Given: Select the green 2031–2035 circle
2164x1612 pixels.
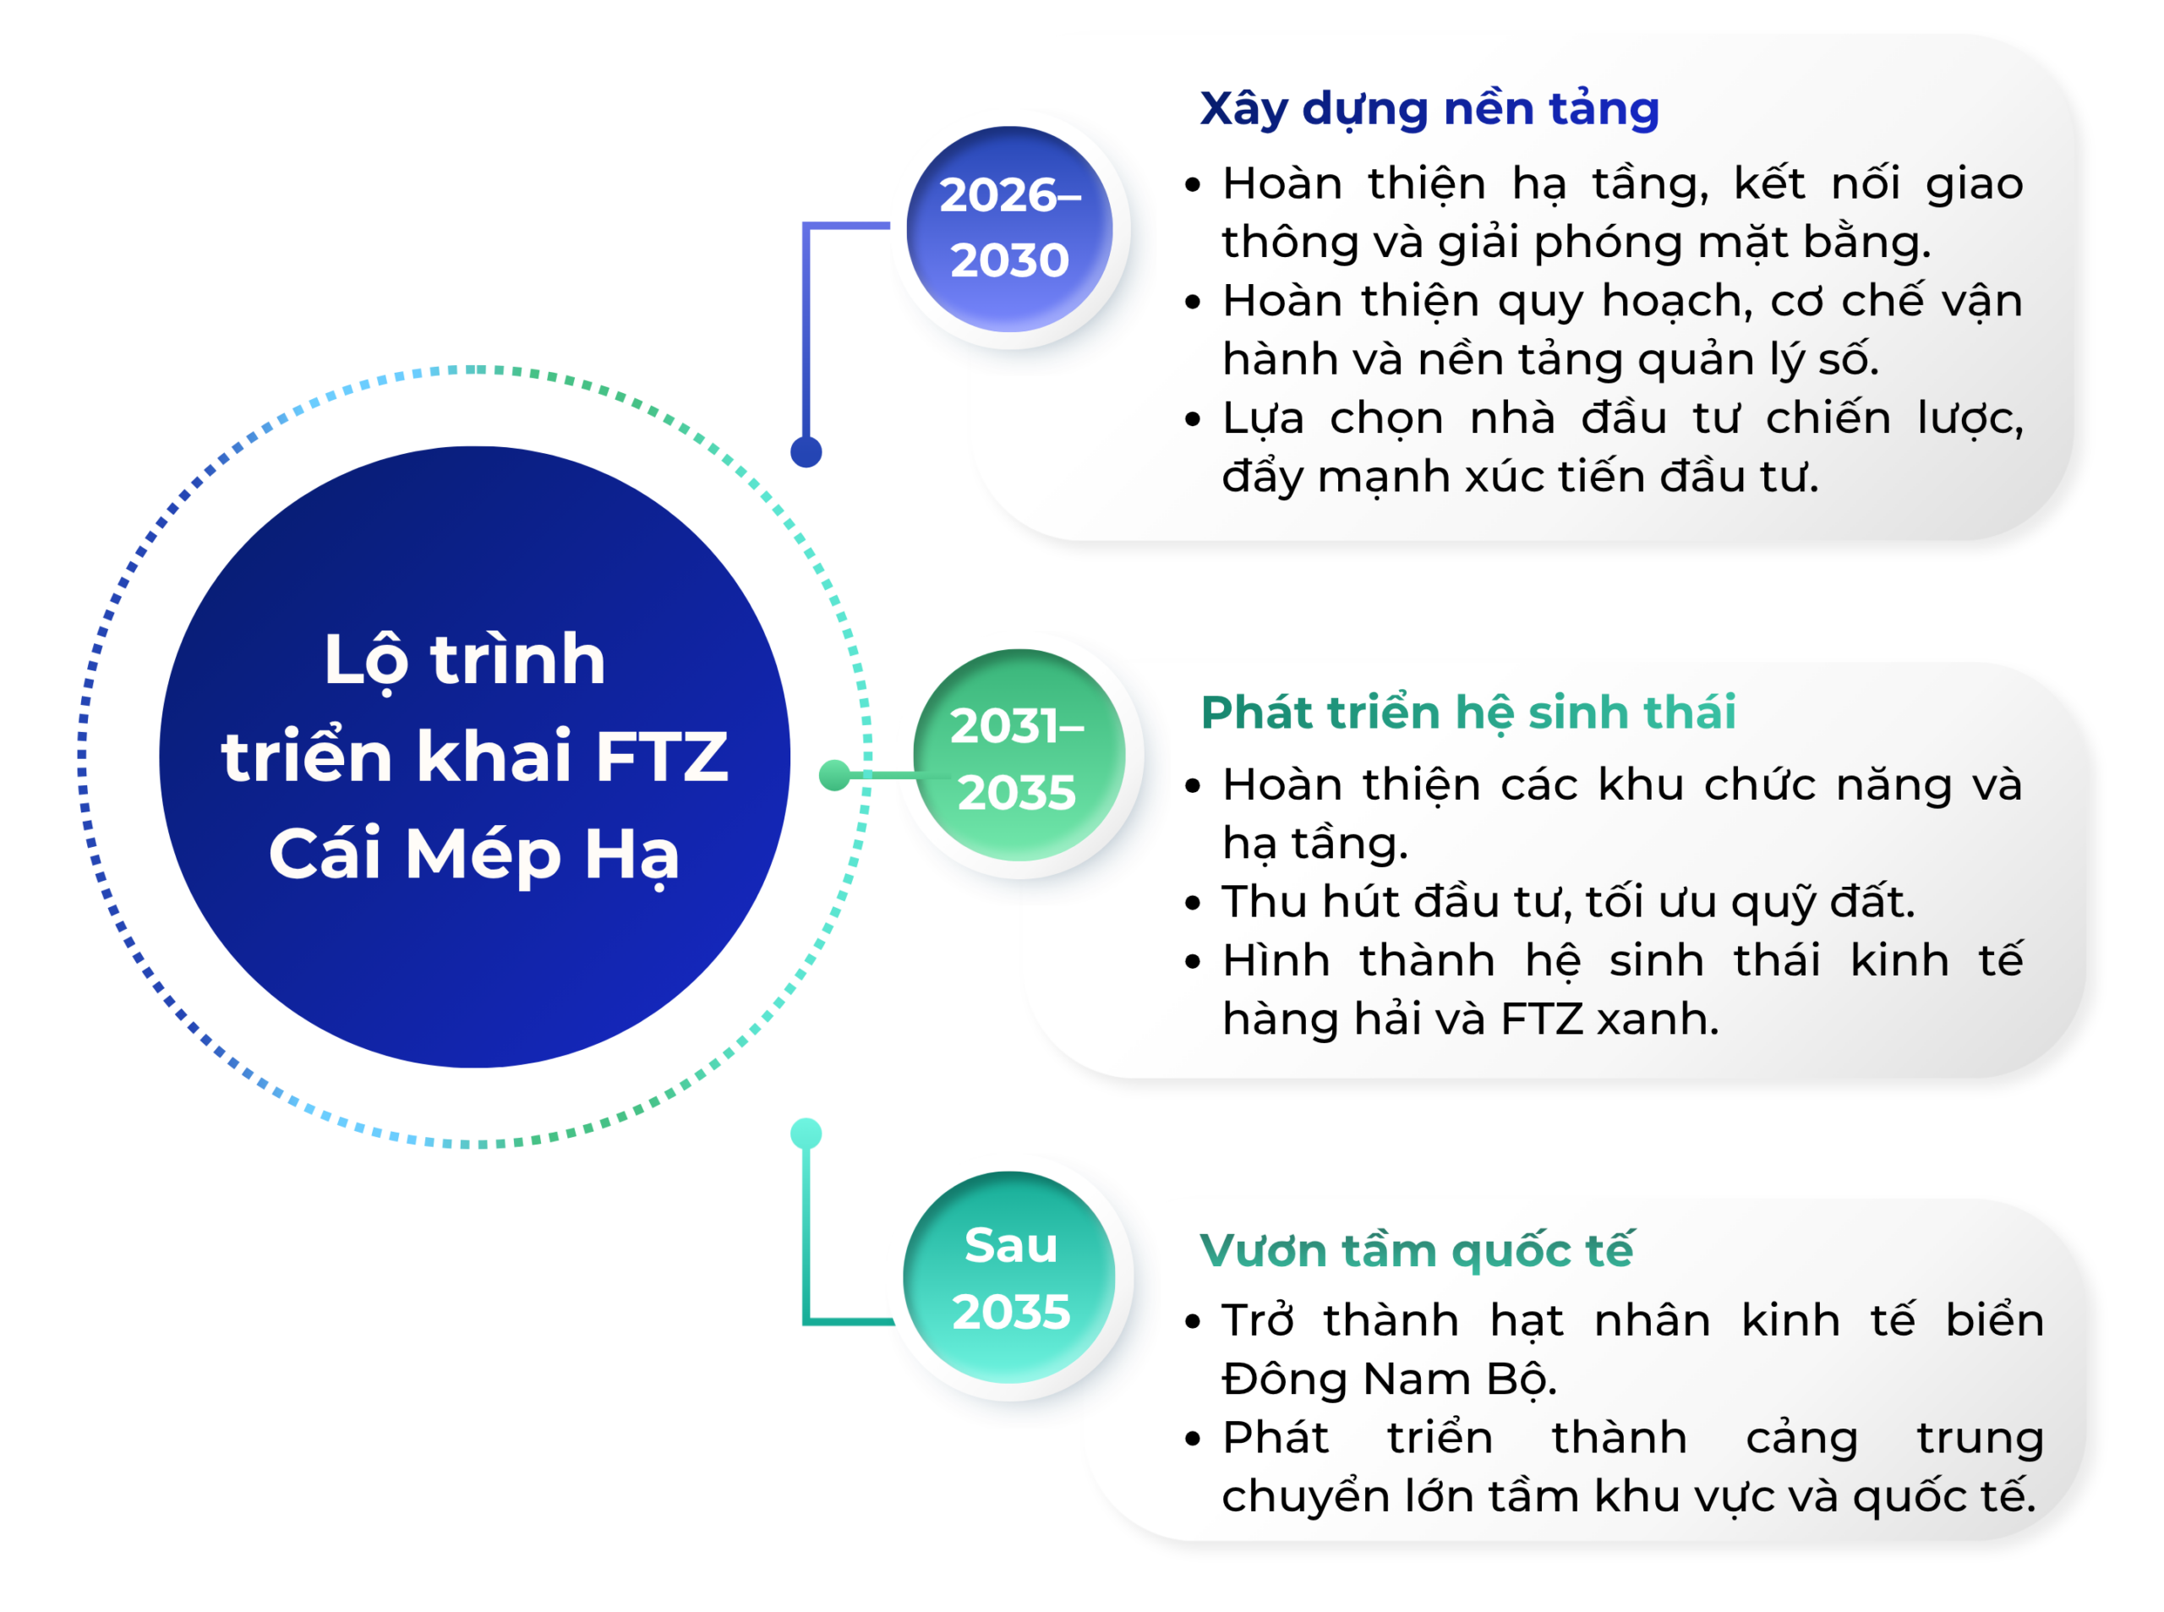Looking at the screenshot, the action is [x=1019, y=754].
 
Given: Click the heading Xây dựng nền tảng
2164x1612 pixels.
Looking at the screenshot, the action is [x=1429, y=109].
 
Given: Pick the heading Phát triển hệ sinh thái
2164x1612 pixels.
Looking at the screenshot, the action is [x=1468, y=713].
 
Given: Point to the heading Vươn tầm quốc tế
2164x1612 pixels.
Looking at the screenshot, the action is [x=1416, y=1251].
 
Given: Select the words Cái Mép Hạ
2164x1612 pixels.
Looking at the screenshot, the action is [x=474, y=855].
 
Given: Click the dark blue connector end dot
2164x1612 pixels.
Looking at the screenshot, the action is [x=806, y=451].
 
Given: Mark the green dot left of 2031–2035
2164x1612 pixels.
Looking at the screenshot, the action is [x=834, y=775].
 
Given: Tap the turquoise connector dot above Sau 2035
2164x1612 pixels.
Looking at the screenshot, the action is [x=806, y=1133].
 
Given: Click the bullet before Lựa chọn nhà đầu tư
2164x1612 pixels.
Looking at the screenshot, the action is [x=1192, y=419].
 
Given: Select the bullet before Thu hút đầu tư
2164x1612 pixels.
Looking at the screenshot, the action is [x=1192, y=904].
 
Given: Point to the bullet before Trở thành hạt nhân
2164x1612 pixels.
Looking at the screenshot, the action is [x=1192, y=1322].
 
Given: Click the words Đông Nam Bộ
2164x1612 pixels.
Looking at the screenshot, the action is [x=1390, y=1380].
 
